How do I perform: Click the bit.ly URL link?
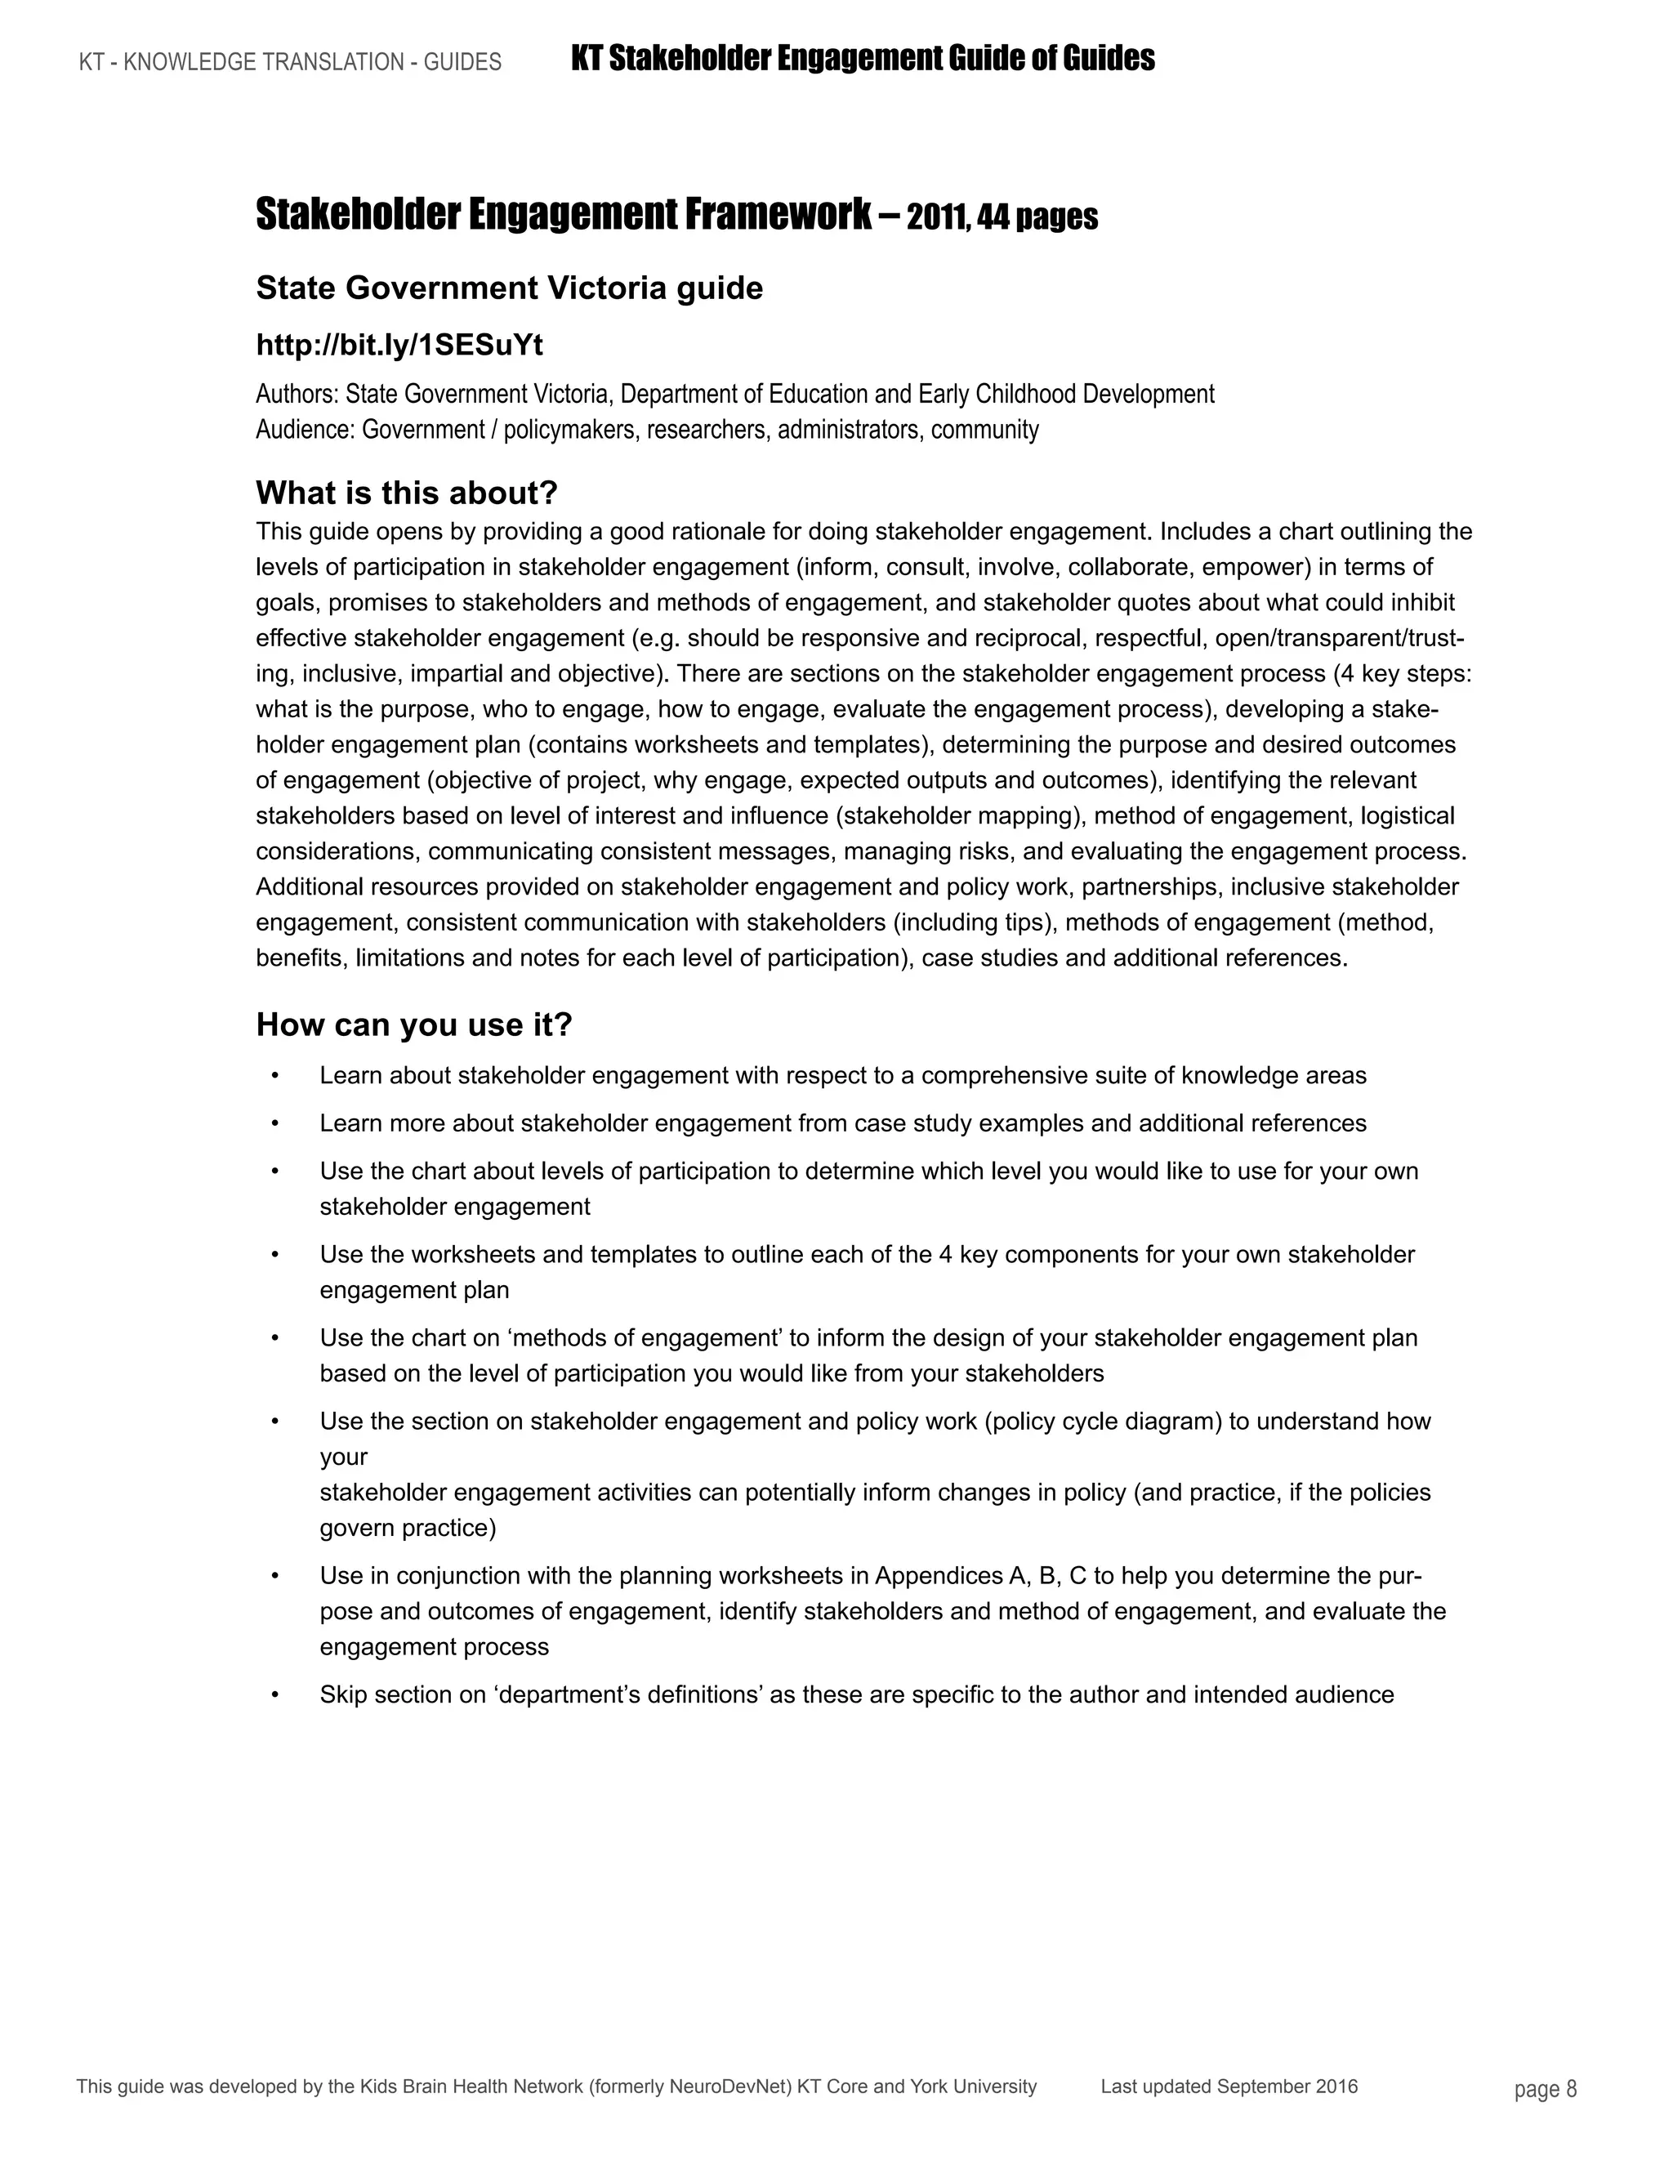[399, 345]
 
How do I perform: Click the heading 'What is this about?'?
[406, 492]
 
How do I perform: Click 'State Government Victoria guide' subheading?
[510, 288]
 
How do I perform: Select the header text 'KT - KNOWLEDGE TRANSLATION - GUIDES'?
[290, 62]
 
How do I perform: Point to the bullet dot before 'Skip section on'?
[274, 1695]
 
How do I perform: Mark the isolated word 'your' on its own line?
[343, 1457]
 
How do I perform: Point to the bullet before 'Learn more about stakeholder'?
[274, 1124]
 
